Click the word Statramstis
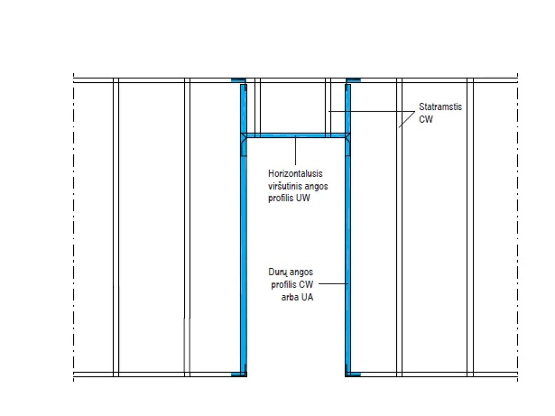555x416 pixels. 440,107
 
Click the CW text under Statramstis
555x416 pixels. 426,119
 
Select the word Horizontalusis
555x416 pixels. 295,174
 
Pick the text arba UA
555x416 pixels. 297,297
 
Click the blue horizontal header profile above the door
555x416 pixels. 295,136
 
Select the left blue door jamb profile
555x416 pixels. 243,230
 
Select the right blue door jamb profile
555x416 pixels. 348,230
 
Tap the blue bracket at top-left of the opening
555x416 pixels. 238,80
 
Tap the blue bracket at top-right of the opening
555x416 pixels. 353,80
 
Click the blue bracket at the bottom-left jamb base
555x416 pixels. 239,374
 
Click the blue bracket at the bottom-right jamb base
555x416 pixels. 353,374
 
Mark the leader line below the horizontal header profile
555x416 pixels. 295,150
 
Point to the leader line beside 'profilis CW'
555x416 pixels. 333,284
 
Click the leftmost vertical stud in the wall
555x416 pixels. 116,227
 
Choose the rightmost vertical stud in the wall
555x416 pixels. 470,227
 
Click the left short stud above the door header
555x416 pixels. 258,108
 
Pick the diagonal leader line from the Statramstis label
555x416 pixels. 407,119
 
